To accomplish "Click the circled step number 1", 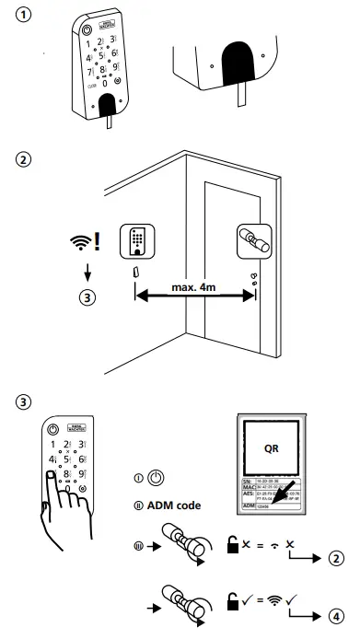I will pos(20,17).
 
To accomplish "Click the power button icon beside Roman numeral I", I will pos(157,479).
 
